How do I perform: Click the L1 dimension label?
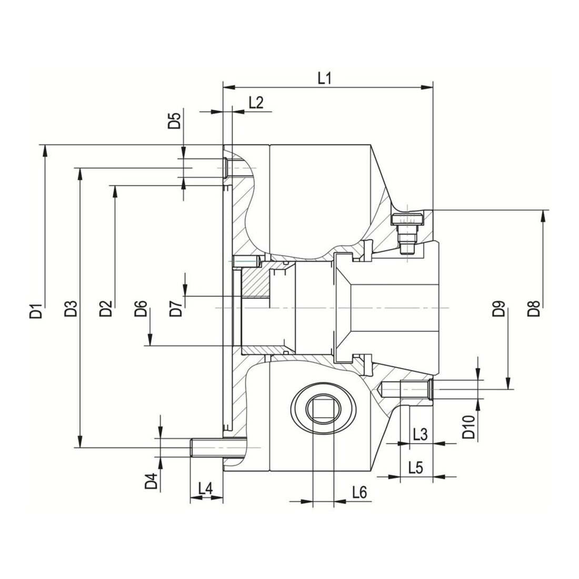click(325, 78)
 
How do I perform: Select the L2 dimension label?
click(256, 102)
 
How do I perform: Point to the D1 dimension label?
click(36, 310)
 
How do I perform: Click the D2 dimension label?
click(106, 308)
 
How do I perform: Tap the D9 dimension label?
click(498, 308)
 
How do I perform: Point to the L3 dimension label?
click(420, 435)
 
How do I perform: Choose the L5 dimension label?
click(416, 468)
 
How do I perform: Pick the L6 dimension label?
click(360, 492)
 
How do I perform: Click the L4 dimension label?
click(206, 488)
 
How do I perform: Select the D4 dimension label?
click(151, 481)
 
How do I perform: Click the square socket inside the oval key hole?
click(324, 408)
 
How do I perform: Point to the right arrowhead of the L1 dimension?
click(427, 87)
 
